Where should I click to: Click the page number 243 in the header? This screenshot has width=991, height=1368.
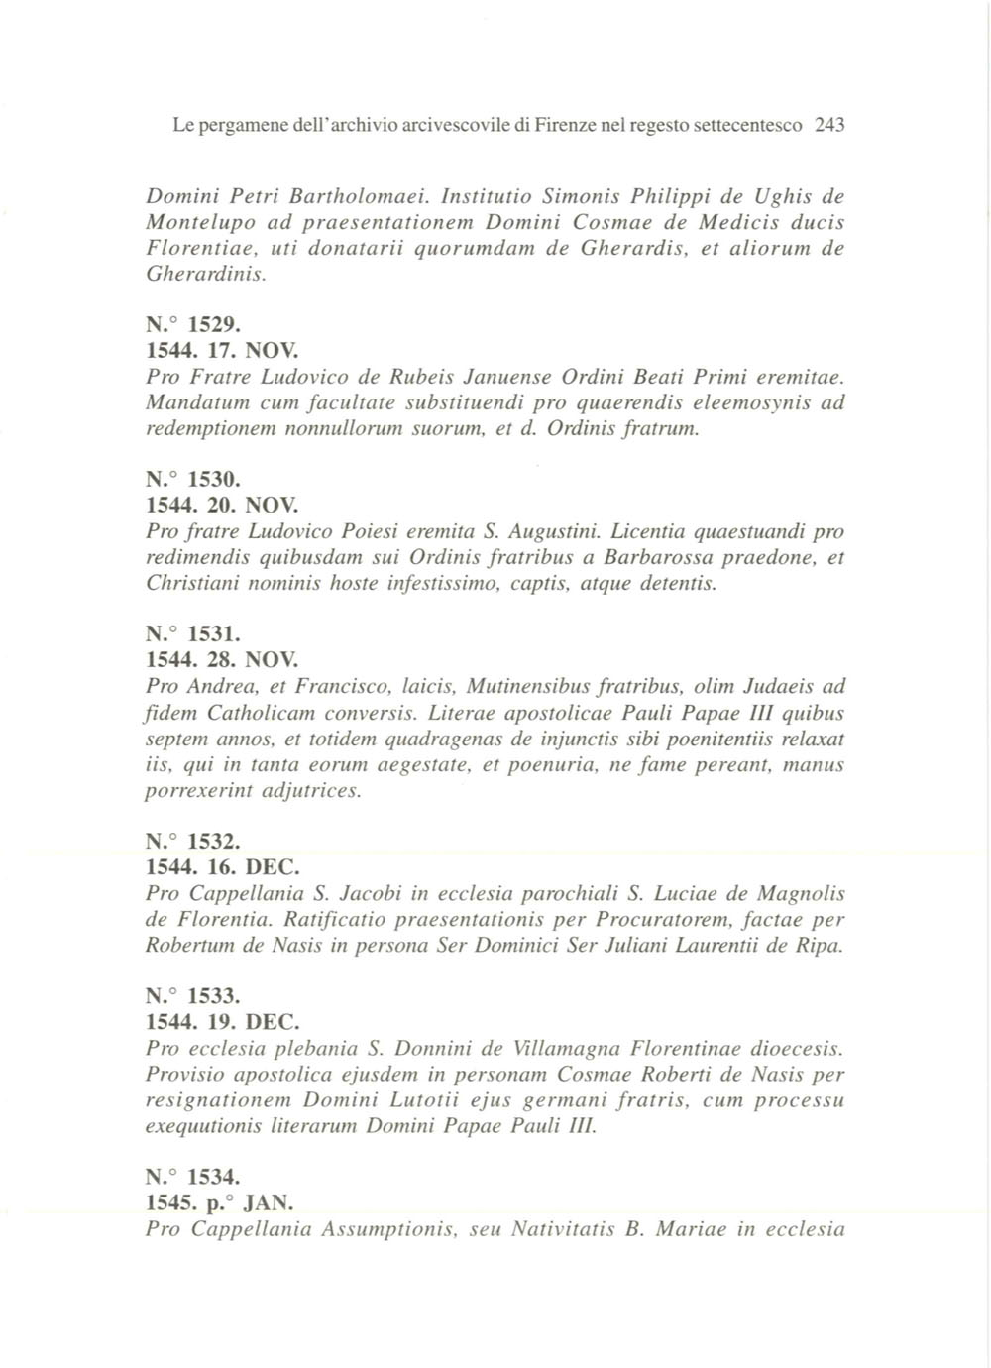coord(828,126)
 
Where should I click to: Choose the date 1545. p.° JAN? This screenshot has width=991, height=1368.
coord(220,1203)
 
